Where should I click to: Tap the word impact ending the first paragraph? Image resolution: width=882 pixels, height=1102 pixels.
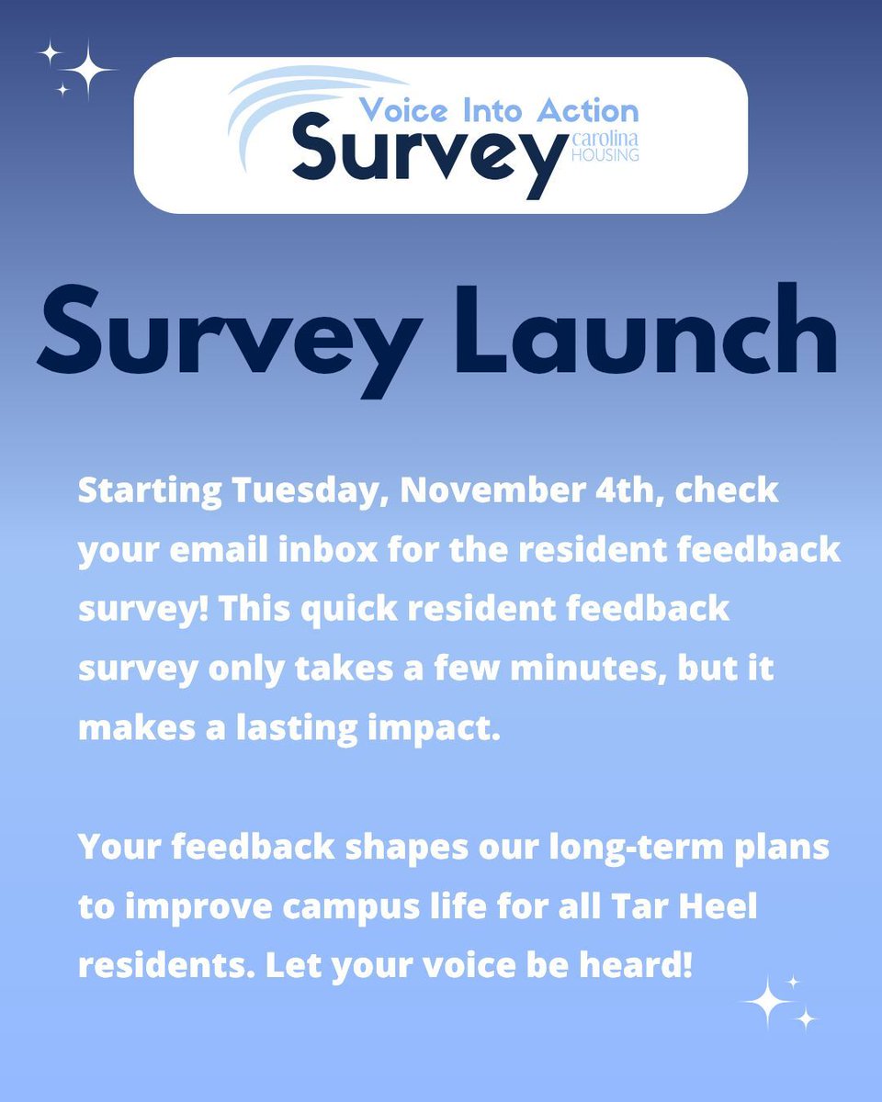pyautogui.click(x=439, y=728)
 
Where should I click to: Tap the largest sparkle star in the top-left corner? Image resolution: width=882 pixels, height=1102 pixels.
pyautogui.click(x=88, y=70)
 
